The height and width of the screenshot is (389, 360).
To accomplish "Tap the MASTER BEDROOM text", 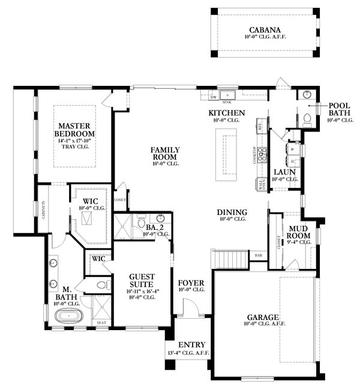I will tap(74, 129).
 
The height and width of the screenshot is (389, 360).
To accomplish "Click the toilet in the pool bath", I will tap(307, 119).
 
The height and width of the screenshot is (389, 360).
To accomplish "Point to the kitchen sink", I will tap(229, 95).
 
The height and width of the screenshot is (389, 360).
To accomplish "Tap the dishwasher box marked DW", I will tap(213, 95).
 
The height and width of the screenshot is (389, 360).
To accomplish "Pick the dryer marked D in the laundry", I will tap(292, 161).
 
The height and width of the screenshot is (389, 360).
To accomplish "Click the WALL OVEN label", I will tap(261, 185).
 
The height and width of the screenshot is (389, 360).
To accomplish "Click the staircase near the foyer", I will tap(230, 259).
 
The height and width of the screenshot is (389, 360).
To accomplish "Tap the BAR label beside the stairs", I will tap(259, 255).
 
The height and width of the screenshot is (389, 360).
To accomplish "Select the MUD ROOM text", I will tap(298, 232).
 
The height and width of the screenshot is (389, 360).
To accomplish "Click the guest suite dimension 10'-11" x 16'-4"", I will tap(142, 291).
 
